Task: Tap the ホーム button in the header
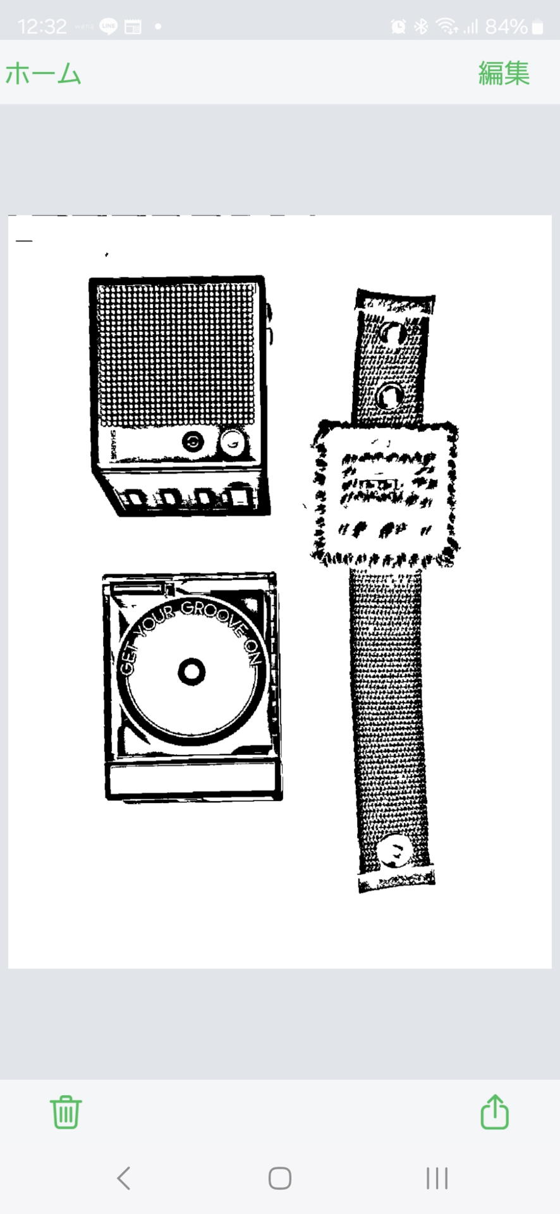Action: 43,73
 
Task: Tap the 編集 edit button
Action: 503,73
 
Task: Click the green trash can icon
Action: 66,1112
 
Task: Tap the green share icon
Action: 494,1112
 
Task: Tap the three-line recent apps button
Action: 437,1178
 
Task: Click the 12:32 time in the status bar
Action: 42,27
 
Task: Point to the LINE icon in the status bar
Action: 108,27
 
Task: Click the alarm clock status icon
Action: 398,27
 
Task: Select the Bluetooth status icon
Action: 421,27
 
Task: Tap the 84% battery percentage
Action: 506,27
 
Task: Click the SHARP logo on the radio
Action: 113,445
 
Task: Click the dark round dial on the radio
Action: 193,441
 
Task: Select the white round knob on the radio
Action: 232,443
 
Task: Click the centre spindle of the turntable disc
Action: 192,671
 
